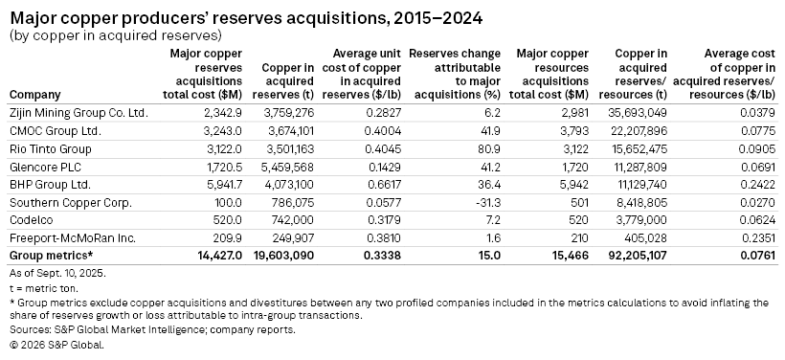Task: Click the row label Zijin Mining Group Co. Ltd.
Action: point(78,113)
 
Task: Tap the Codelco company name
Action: point(31,220)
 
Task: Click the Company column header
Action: point(34,95)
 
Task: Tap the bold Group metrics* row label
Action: point(50,257)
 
